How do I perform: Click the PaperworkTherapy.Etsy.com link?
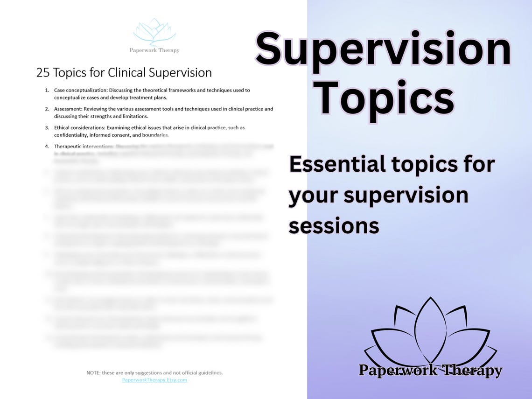click(154, 380)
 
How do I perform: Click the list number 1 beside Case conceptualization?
click(47, 90)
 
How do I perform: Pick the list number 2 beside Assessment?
click(47, 109)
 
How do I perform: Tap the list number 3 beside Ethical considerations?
click(47, 127)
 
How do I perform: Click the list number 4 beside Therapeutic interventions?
click(47, 146)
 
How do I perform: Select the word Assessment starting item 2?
click(70, 109)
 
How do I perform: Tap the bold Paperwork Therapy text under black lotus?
click(430, 371)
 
